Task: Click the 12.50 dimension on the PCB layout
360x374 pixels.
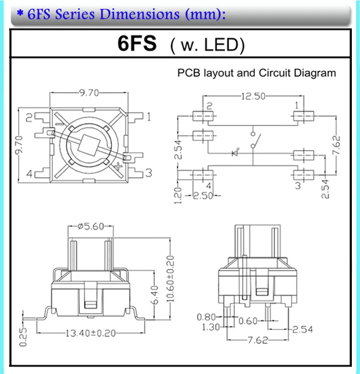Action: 253,96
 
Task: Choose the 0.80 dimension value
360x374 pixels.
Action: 206,317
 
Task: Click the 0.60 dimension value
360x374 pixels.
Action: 248,321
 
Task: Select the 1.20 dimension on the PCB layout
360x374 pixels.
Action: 178,195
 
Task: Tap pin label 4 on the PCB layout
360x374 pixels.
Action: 209,185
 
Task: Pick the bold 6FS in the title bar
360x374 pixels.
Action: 137,44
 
